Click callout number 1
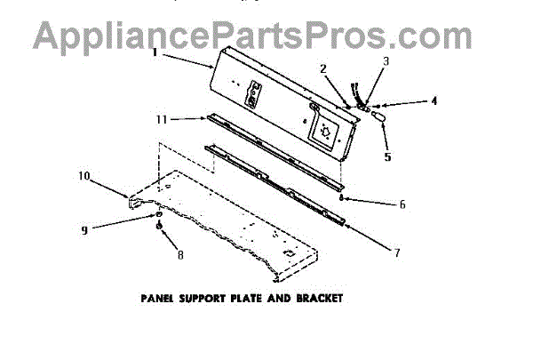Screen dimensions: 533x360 (154, 52)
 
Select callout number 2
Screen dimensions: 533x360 (322, 68)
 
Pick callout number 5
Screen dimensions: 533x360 (387, 157)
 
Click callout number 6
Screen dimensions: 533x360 (402, 204)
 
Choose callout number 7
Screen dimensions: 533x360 (396, 252)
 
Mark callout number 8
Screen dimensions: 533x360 (181, 254)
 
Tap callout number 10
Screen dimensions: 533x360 (84, 176)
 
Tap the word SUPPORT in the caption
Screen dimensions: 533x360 (203, 298)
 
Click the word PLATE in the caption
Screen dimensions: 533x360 (248, 298)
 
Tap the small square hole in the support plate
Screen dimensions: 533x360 (288, 252)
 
